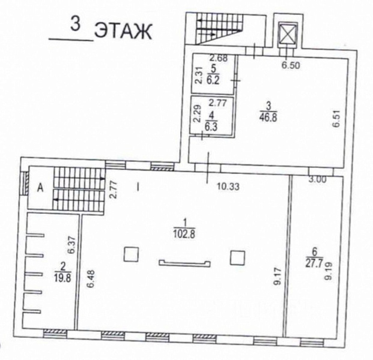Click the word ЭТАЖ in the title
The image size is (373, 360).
[x=123, y=32]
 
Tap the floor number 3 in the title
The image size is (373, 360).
[x=75, y=24]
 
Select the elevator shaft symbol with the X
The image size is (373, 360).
[x=288, y=33]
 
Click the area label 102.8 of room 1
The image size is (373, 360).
[x=184, y=234]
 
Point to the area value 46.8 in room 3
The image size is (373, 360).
[x=268, y=118]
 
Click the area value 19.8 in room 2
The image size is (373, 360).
[x=63, y=278]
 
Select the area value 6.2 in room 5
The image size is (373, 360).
[x=213, y=80]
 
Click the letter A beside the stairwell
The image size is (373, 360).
[x=41, y=188]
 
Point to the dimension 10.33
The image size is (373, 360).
[x=228, y=187]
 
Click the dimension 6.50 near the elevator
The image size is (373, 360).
[x=291, y=65]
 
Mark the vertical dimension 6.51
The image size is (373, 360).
[x=338, y=118]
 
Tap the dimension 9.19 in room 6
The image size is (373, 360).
[x=329, y=271]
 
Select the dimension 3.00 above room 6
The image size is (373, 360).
[x=317, y=179]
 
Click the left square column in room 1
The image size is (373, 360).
[x=131, y=254]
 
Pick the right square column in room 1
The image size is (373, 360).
[x=237, y=257]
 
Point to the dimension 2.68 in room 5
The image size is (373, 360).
[x=219, y=58]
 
